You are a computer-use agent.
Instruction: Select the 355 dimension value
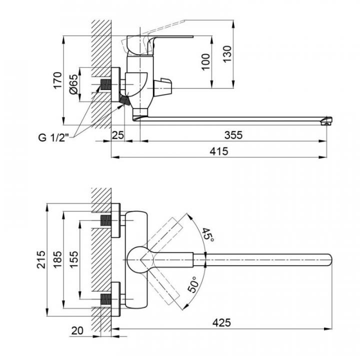233,134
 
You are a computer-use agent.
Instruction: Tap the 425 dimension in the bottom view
222,322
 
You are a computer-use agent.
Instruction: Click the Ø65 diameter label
73,85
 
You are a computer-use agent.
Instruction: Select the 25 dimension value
117,134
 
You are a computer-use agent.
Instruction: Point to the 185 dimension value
58,259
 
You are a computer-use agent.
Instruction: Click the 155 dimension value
73,259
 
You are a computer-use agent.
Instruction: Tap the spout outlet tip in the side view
327,120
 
